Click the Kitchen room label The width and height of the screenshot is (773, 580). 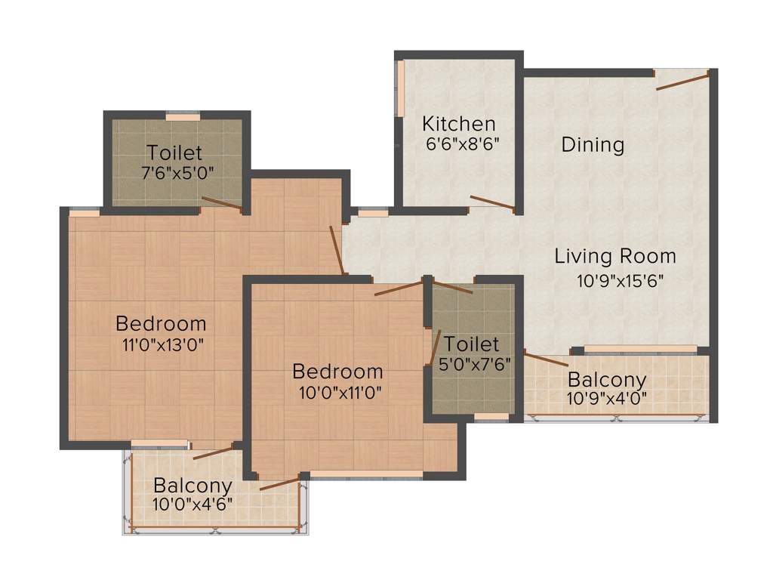coord(458,123)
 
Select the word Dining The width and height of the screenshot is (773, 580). coord(593,144)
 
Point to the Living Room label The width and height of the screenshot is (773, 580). coord(615,256)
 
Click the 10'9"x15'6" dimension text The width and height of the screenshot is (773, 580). coord(621,281)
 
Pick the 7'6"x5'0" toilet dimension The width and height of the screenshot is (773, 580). coord(178,172)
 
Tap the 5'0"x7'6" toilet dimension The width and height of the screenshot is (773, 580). coord(475,363)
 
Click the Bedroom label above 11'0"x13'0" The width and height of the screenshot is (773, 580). coord(161,324)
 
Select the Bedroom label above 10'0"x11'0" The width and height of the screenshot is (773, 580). coord(337,372)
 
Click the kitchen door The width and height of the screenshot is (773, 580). coord(492,202)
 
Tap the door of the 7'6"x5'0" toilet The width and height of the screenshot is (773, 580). coord(222,202)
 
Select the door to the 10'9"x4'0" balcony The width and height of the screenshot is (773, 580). coord(546,359)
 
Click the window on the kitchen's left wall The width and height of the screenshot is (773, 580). coord(401,88)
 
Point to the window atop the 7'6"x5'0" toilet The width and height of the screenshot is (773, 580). coord(183,117)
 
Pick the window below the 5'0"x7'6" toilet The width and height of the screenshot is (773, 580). coord(491,417)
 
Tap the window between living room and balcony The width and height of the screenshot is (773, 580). coord(640,349)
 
